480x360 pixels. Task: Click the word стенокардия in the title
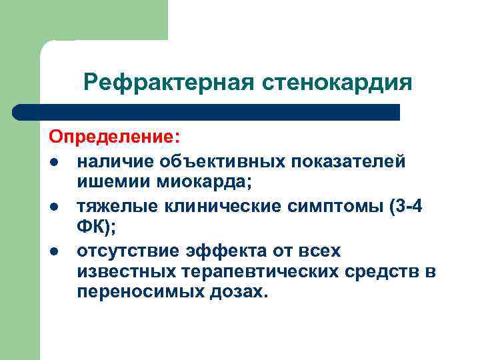point(339,83)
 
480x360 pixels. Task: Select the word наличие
point(110,162)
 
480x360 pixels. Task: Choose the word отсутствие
point(126,252)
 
